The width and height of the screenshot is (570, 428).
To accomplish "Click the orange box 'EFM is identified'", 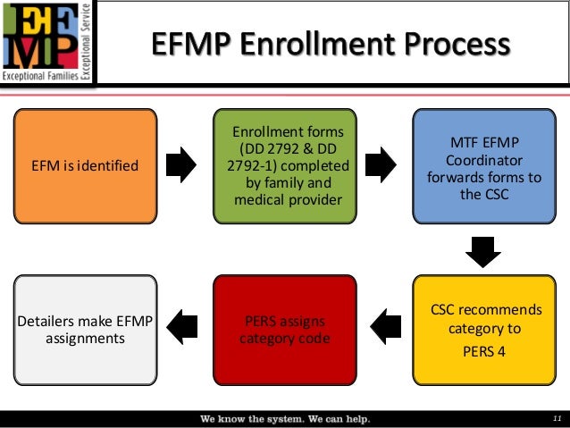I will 86,165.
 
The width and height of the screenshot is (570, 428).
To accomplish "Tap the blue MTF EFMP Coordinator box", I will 482,165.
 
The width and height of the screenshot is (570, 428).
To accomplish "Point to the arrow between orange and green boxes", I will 184,164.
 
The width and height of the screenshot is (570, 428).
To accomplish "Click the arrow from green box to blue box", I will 382,164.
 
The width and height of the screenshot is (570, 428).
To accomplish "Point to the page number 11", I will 556,418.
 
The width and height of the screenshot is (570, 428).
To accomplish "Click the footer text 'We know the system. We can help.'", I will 284,418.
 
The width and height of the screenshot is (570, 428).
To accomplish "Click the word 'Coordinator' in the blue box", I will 482,160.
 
